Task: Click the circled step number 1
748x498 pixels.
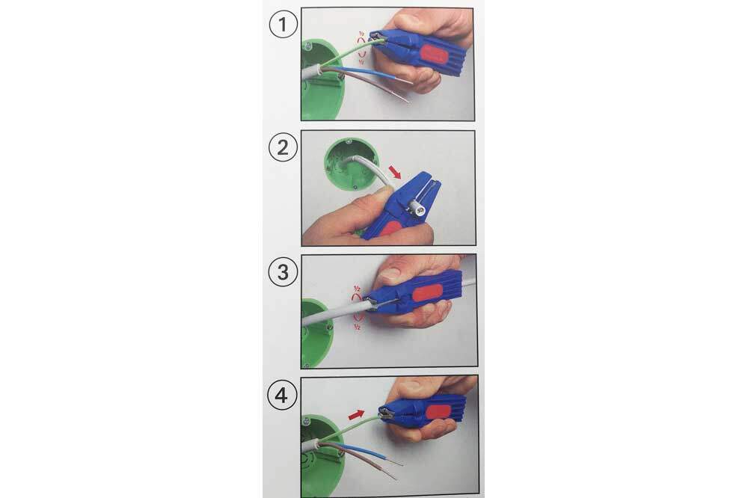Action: [x=283, y=24]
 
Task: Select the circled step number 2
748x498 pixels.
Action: [x=283, y=147]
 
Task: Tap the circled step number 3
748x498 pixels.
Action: [x=283, y=272]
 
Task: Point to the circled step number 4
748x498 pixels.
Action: [x=281, y=395]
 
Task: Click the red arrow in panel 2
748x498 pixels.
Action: [x=395, y=172]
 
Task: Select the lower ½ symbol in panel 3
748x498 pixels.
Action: [x=357, y=327]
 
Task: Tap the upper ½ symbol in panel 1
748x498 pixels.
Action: [x=361, y=34]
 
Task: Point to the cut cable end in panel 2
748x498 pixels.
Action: [x=416, y=208]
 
